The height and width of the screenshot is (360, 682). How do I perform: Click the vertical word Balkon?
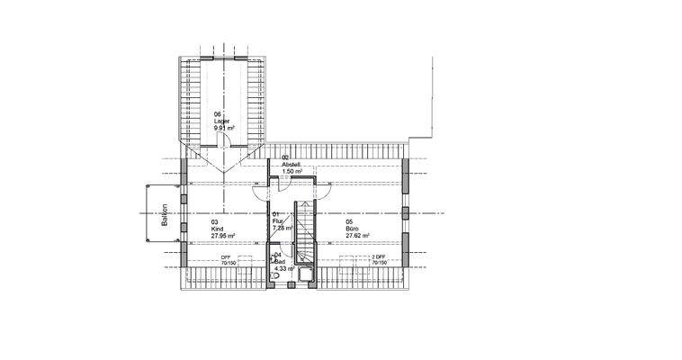166,220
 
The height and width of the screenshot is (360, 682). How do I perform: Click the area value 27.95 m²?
223,236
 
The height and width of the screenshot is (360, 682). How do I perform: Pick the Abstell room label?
291,164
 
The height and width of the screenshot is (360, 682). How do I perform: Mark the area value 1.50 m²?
293,171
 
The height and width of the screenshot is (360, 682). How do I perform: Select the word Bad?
280,261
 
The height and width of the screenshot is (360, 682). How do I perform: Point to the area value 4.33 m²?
285,268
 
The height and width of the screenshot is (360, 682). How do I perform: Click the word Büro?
352,229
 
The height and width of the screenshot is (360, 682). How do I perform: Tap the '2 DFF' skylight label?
379,257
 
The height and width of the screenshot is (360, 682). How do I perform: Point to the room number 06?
217,114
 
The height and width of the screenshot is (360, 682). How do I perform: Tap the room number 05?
349,221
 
